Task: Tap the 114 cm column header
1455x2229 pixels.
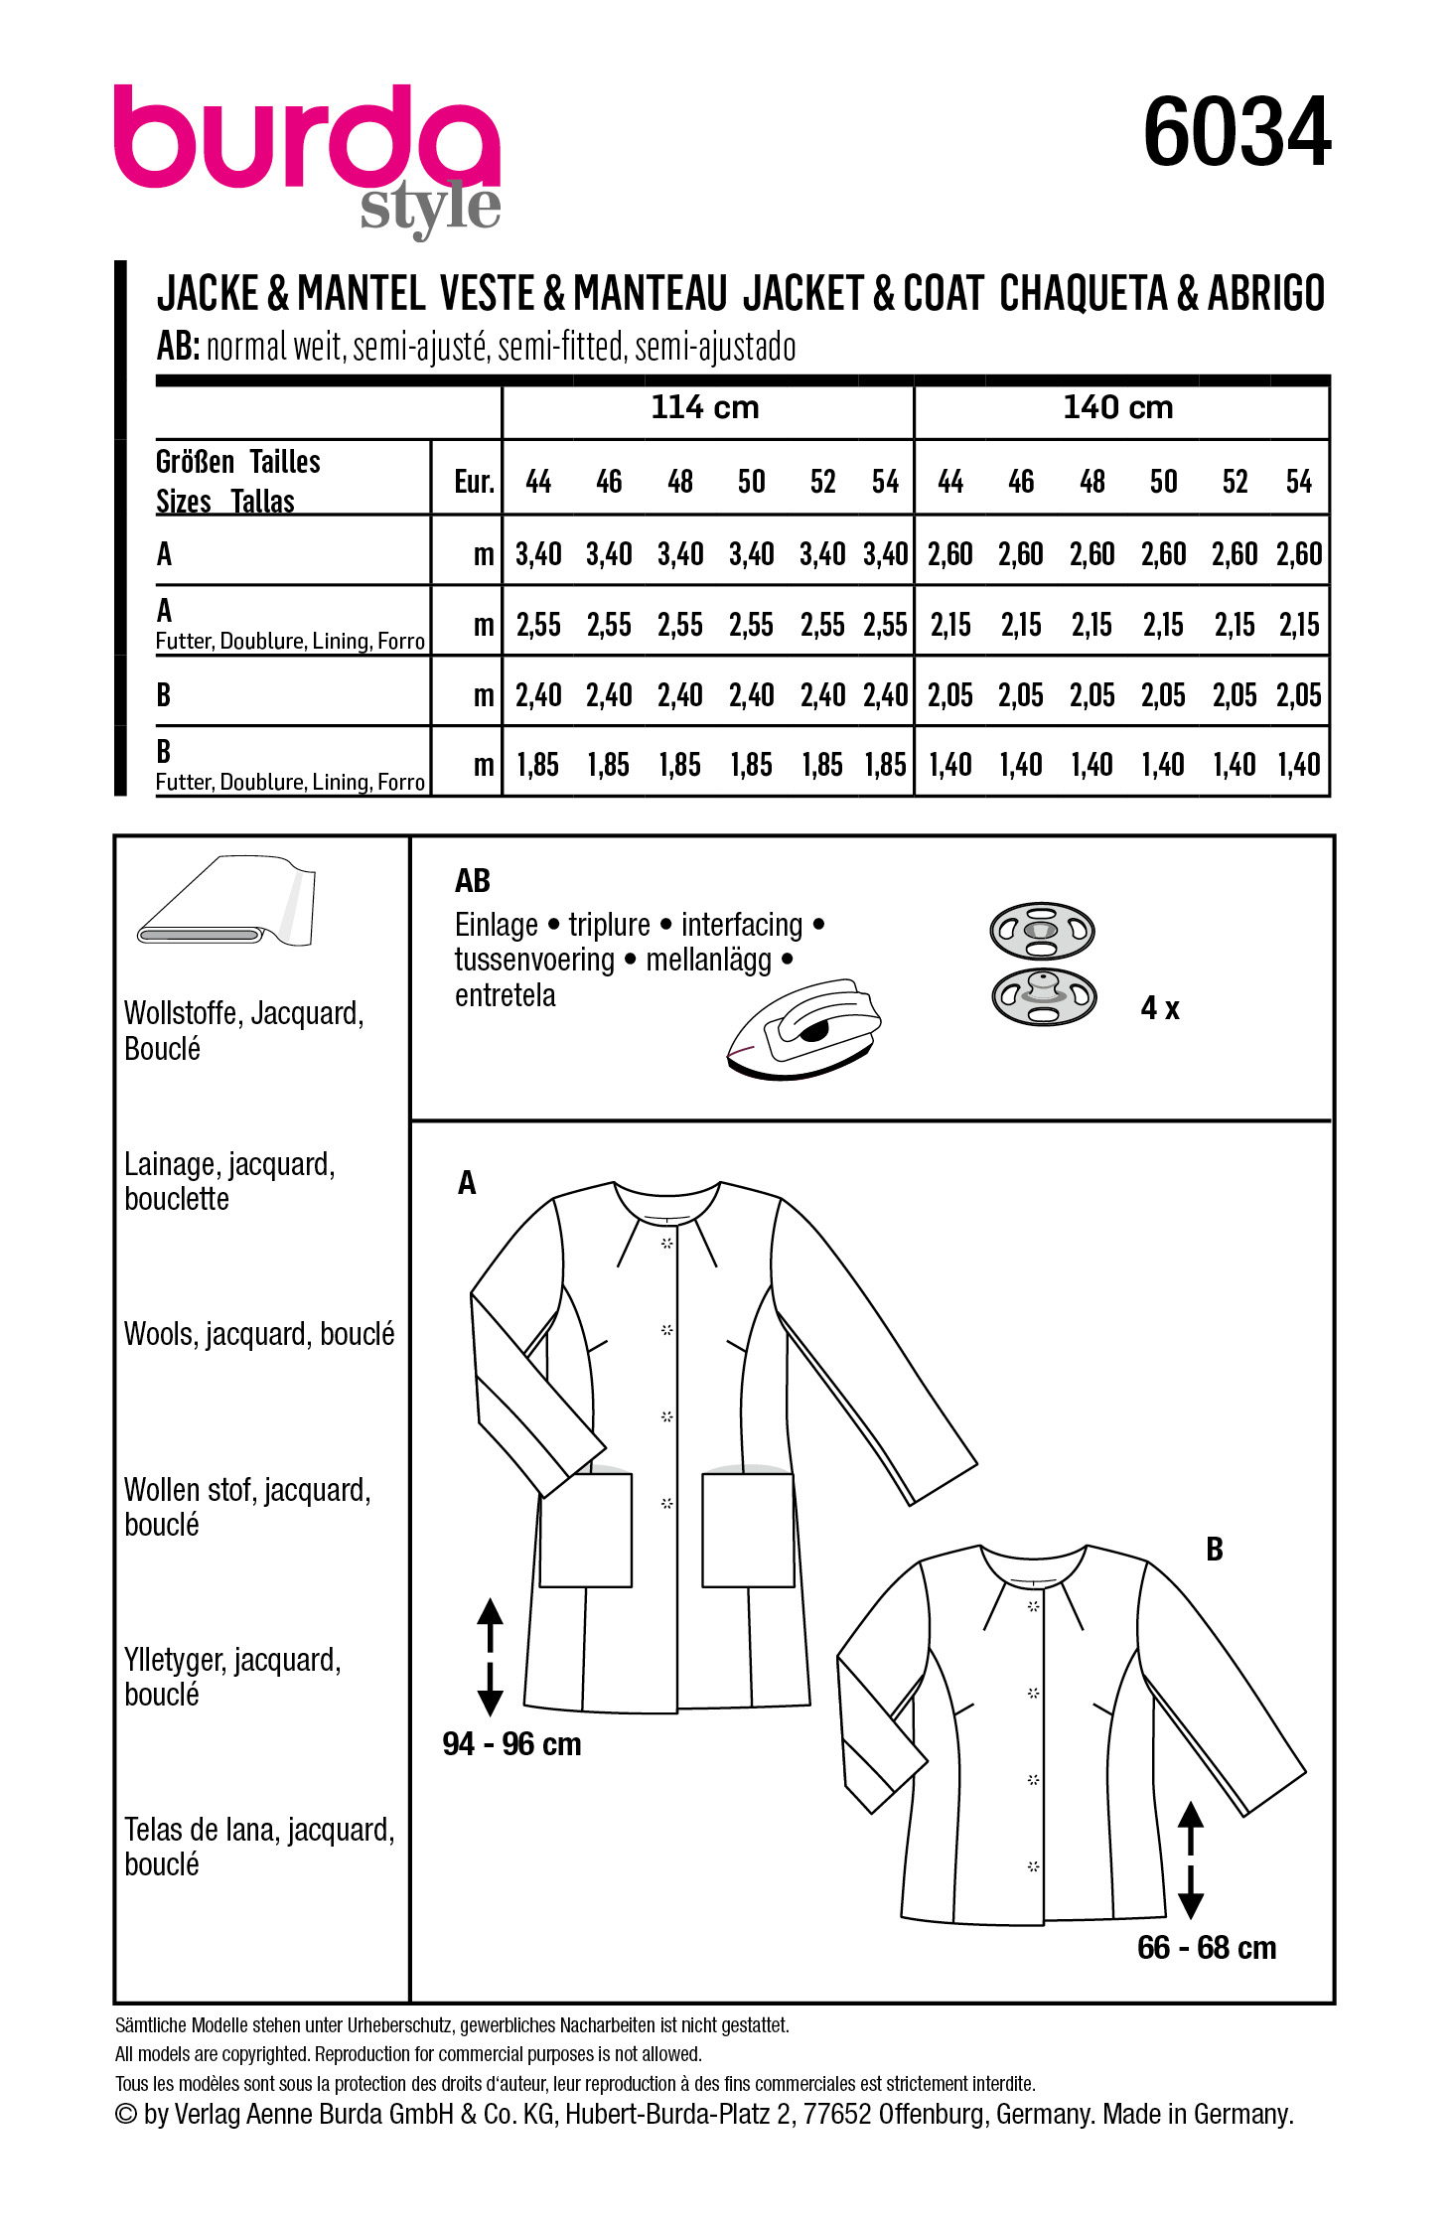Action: tap(704, 407)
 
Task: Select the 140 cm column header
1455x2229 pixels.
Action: tap(1117, 407)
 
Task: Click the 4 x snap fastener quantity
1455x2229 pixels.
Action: tap(1159, 1008)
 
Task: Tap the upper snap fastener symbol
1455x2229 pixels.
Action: tap(1042, 931)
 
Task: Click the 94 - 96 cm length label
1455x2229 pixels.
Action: tap(511, 1744)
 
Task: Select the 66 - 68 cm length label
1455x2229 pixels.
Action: tap(1206, 1948)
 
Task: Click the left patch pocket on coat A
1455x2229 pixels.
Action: tap(586, 1530)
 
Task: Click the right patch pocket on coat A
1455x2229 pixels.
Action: tap(748, 1530)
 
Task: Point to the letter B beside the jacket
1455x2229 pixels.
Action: tap(1214, 1549)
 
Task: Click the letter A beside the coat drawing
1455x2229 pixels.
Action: tap(467, 1182)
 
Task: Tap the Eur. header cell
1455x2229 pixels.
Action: tap(474, 482)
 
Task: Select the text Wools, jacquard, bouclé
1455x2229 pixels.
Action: tap(259, 1334)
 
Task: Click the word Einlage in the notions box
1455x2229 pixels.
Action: tap(496, 925)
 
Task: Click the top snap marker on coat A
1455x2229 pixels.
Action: tap(667, 1243)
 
